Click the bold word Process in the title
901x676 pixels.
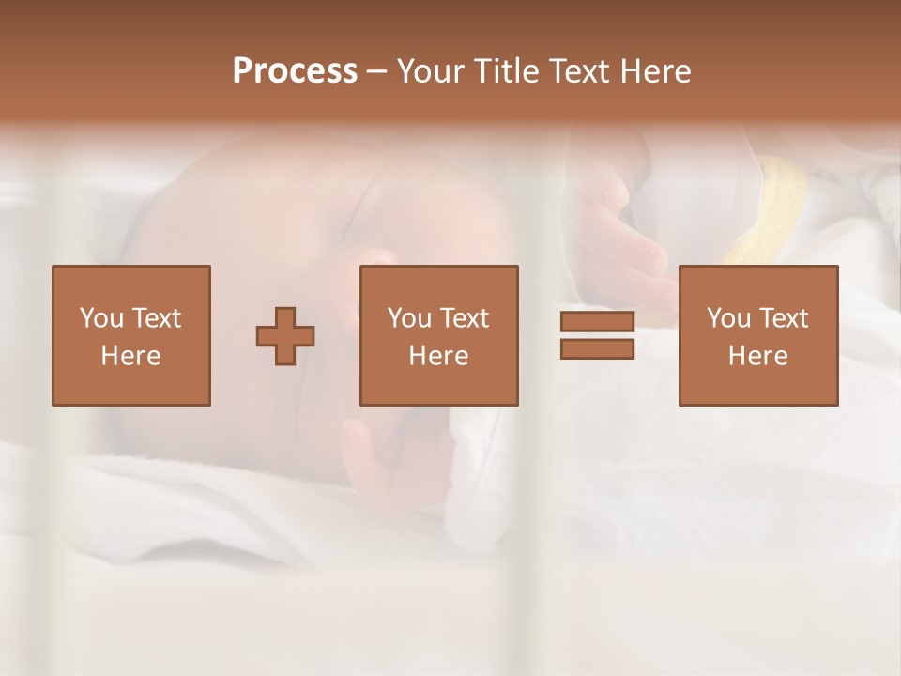(295, 71)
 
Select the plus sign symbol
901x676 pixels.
(285, 336)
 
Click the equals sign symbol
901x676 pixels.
(597, 336)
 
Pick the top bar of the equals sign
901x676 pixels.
(597, 322)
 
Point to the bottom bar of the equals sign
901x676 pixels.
(597, 349)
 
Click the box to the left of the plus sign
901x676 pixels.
(130, 335)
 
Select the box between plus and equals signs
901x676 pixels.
(438, 335)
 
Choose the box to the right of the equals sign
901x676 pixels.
(757, 335)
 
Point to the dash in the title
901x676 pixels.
(376, 72)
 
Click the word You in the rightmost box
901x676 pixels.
(727, 318)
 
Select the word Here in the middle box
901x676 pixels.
(438, 356)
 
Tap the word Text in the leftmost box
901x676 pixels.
(156, 318)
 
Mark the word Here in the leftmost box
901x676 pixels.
(130, 356)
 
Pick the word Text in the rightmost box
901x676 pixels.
(783, 318)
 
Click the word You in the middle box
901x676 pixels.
(408, 318)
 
